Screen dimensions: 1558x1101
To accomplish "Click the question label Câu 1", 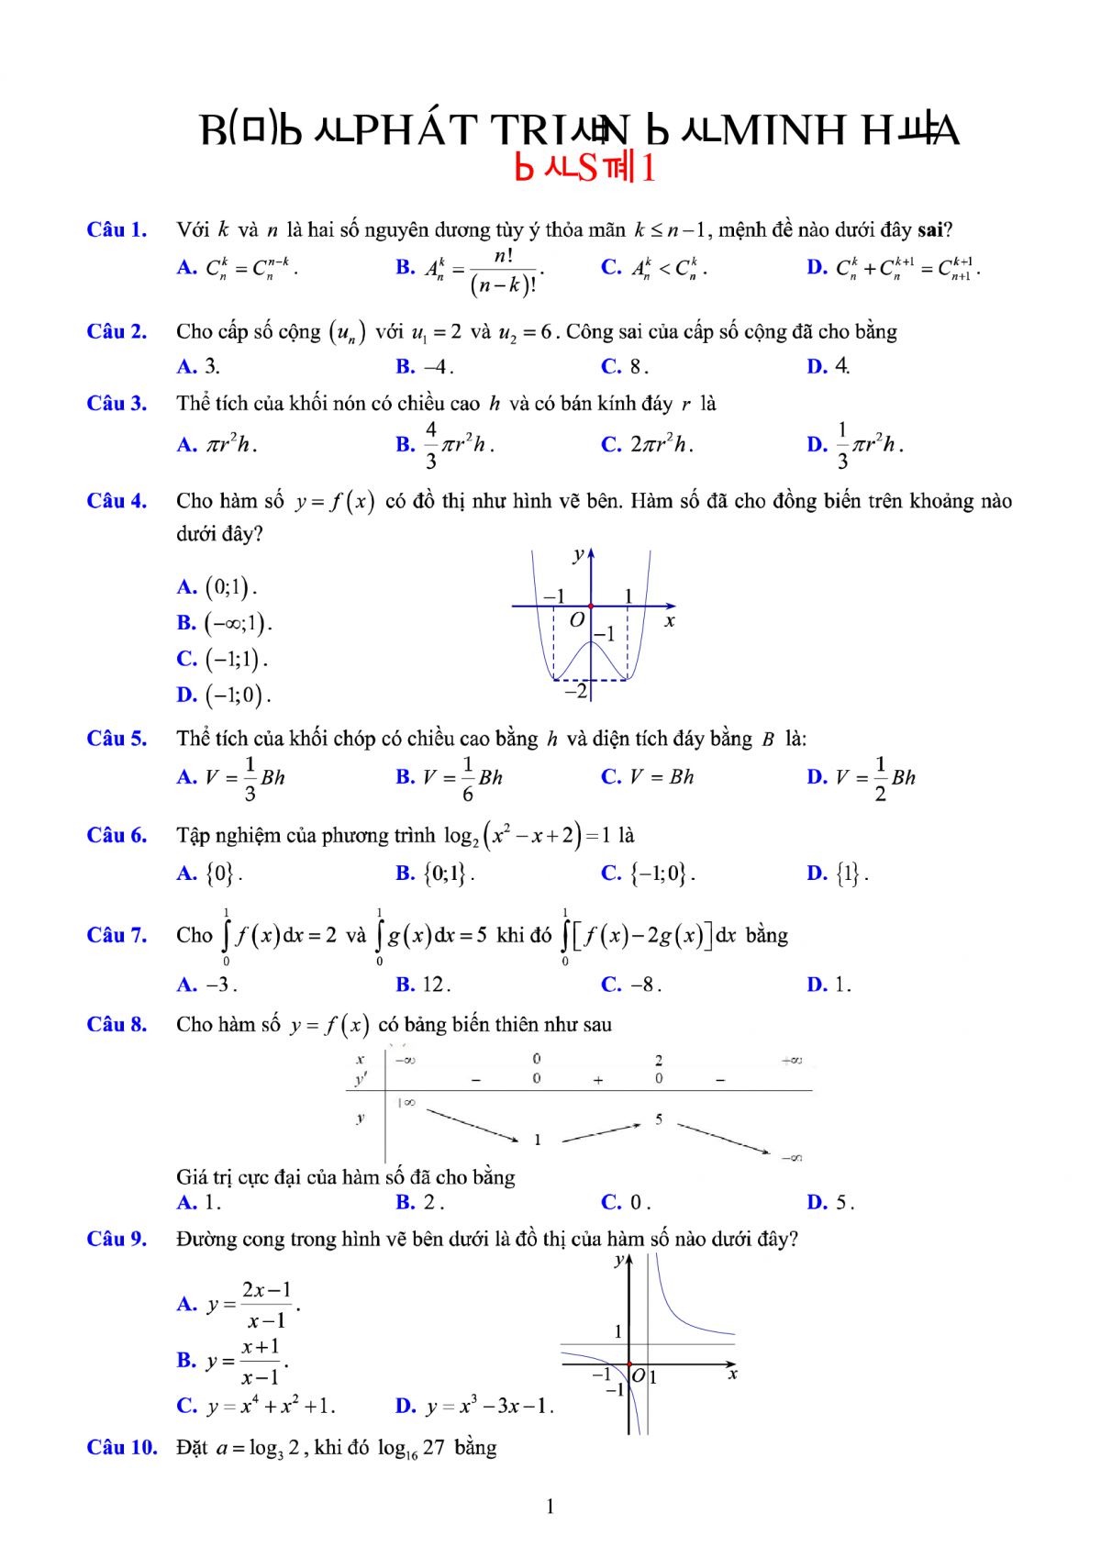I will click(117, 229).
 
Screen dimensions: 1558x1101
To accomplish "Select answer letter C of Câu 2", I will click(611, 367).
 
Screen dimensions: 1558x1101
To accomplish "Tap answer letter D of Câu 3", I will click(817, 445).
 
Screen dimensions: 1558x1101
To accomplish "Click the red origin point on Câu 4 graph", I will click(591, 606).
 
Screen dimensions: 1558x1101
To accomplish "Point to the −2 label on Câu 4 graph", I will click(575, 691).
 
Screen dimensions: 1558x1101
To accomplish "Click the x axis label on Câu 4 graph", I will click(670, 621).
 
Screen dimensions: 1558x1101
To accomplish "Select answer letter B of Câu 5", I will click(406, 777).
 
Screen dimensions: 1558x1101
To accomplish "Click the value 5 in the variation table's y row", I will click(659, 1119).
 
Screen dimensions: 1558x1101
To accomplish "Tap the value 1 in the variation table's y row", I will click(538, 1140).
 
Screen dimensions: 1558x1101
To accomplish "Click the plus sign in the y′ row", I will click(598, 1080).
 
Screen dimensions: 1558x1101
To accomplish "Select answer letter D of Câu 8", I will click(817, 1202).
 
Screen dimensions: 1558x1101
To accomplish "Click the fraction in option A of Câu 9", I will click(267, 1305).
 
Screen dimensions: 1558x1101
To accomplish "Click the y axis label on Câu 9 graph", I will click(619, 1261).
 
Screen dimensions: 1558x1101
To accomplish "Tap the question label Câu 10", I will click(122, 1448).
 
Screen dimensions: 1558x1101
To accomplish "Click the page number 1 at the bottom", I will click(550, 1506).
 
